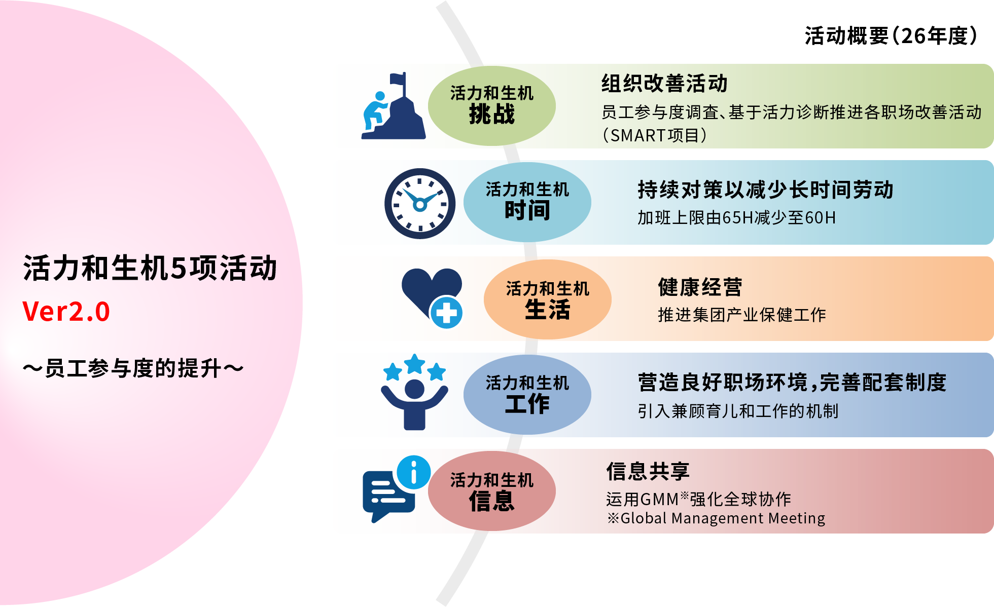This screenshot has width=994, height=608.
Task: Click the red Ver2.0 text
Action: pyautogui.click(x=66, y=311)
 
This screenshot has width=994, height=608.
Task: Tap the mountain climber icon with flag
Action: pyautogui.click(x=394, y=106)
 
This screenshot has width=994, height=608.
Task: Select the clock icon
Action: pyautogui.click(x=420, y=204)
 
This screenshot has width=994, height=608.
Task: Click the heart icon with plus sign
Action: pyautogui.click(x=432, y=298)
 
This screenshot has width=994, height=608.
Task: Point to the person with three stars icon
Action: pyautogui.click(x=415, y=392)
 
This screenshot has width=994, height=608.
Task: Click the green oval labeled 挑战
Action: pyautogui.click(x=492, y=106)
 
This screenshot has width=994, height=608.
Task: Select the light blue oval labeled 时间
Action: pyautogui.click(x=527, y=202)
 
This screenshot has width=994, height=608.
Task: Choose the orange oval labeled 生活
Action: pyautogui.click(x=548, y=299)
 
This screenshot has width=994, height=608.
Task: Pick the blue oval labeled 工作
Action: pyautogui.click(x=527, y=395)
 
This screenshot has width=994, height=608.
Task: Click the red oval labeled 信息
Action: pyautogui.click(x=492, y=491)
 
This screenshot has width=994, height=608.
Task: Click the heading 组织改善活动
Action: pyautogui.click(x=664, y=84)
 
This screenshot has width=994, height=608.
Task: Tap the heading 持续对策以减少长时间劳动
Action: pyautogui.click(x=765, y=190)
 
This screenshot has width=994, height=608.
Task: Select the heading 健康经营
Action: pyautogui.click(x=700, y=287)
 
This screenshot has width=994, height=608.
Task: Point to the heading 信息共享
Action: pyautogui.click(x=648, y=471)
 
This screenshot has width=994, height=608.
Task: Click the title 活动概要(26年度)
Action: pyautogui.click(x=891, y=36)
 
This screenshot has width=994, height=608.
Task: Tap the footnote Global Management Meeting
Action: pyautogui.click(x=716, y=518)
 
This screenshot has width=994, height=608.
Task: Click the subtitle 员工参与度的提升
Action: pyautogui.click(x=133, y=368)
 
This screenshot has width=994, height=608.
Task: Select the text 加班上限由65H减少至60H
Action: pyautogui.click(x=736, y=218)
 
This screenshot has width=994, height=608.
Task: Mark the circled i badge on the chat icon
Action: pyautogui.click(x=414, y=472)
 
